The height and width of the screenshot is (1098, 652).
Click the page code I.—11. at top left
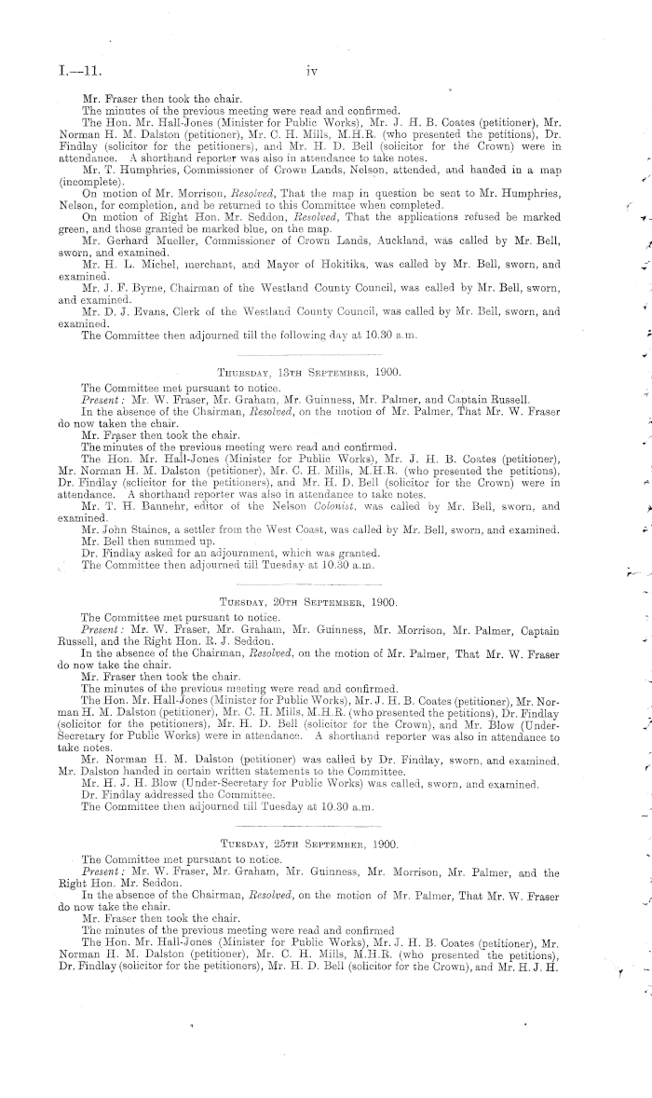click(x=77, y=69)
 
